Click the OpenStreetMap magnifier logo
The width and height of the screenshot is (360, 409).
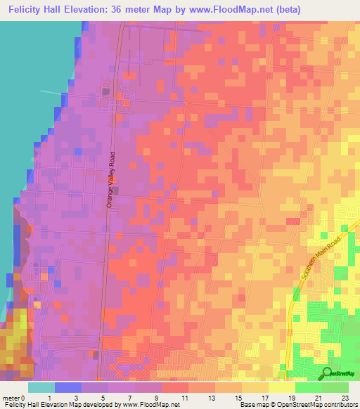(x=328, y=372)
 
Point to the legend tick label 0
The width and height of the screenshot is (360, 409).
(x=28, y=397)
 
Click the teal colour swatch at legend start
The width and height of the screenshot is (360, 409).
(x=41, y=387)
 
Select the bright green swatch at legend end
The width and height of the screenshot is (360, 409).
(x=335, y=387)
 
